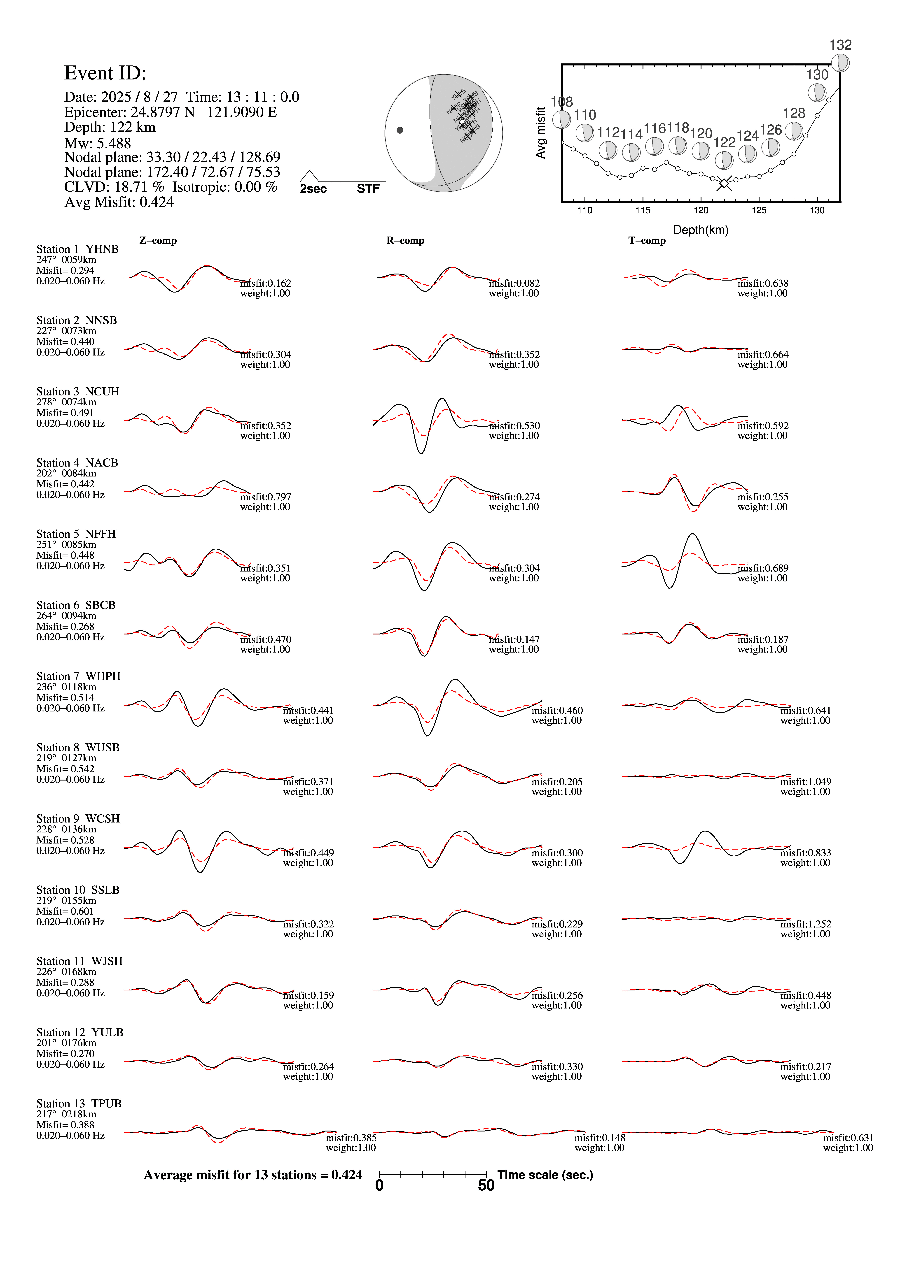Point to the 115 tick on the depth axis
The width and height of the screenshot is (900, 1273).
[643, 210]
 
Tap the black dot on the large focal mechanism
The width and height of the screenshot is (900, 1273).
[400, 130]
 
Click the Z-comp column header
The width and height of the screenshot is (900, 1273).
[158, 241]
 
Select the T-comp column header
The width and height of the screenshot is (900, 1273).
[647, 241]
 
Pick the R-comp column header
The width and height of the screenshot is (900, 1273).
[405, 241]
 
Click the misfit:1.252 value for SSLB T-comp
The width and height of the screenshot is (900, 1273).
[806, 924]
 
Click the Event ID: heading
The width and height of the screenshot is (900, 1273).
[105, 73]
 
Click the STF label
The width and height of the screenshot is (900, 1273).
[368, 189]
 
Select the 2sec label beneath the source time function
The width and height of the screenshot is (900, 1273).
[313, 189]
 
